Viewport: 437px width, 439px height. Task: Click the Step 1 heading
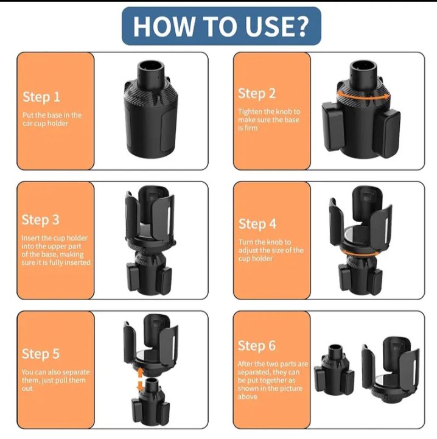pyautogui.click(x=41, y=97)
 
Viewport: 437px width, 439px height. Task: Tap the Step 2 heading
pyautogui.click(x=257, y=94)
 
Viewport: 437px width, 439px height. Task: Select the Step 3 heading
pyautogui.click(x=41, y=220)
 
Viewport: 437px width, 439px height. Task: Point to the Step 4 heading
pyautogui.click(x=257, y=224)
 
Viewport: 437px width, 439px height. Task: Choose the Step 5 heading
pyautogui.click(x=41, y=354)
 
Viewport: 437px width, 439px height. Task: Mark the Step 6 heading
pyautogui.click(x=257, y=346)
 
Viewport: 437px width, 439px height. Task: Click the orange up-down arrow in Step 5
pyautogui.click(x=140, y=379)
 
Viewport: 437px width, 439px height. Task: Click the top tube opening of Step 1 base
pyautogui.click(x=150, y=66)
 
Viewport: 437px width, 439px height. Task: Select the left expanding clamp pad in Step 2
pyautogui.click(x=332, y=126)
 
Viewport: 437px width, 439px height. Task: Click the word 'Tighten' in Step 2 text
pyautogui.click(x=251, y=111)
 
